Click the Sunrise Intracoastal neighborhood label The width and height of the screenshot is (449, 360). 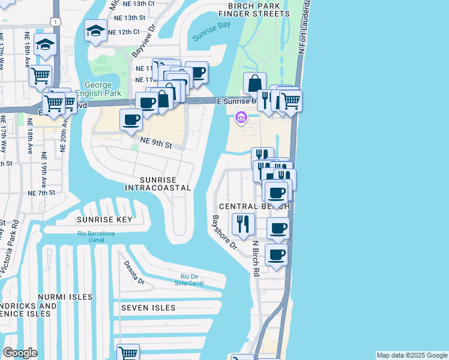(x=157, y=184)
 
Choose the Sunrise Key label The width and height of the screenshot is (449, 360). (x=100, y=220)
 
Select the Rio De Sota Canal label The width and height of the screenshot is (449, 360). (x=193, y=280)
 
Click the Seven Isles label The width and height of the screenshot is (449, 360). (x=148, y=308)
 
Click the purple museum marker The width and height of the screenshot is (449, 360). (x=241, y=118)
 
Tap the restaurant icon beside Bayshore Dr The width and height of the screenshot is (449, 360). (x=243, y=224)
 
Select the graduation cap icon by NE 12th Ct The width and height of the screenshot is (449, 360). (x=95, y=31)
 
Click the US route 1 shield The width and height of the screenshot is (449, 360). (x=56, y=21)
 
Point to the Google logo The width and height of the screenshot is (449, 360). (x=20, y=353)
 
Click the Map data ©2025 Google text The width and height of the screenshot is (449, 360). (x=412, y=355)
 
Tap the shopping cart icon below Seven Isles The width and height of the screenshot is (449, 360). (x=128, y=352)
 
